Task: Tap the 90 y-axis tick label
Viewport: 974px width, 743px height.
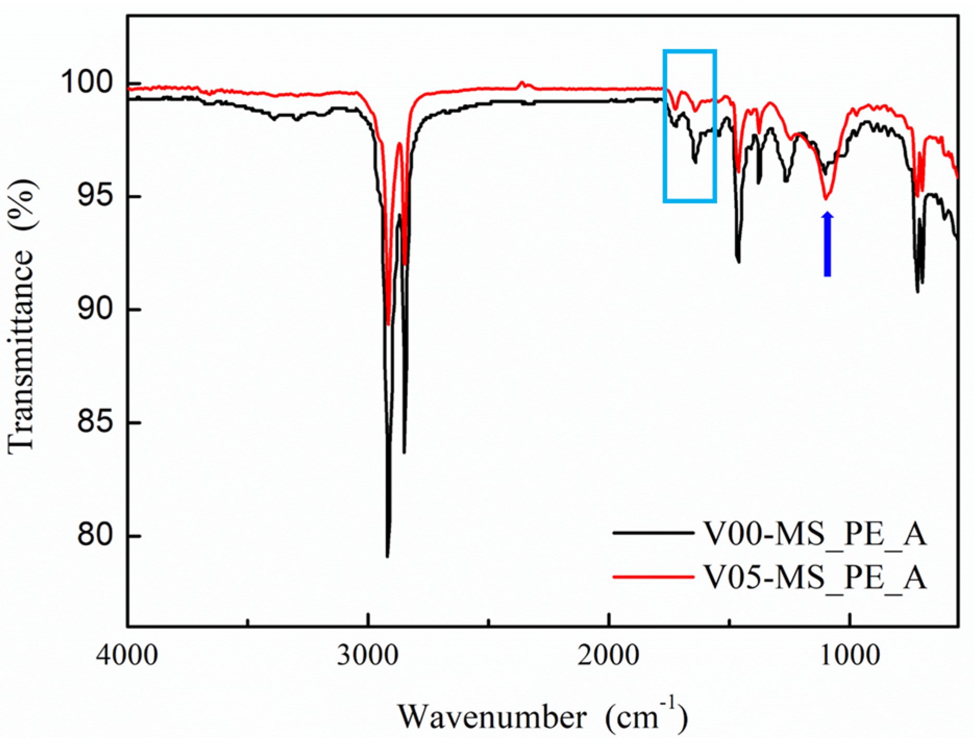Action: click(x=95, y=309)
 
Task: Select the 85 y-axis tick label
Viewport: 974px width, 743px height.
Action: click(x=95, y=422)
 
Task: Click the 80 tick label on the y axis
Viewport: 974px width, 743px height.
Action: click(x=95, y=535)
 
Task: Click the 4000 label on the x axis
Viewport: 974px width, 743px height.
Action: click(x=127, y=654)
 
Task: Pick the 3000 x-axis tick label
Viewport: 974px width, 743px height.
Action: click(x=368, y=654)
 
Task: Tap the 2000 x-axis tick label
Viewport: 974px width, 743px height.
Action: click(x=608, y=654)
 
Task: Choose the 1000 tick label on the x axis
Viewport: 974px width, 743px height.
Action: click(x=850, y=654)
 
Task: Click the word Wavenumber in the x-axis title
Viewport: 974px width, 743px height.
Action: click(x=492, y=717)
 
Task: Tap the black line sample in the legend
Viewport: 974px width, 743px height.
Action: click(x=653, y=533)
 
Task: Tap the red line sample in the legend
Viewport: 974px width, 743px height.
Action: click(x=653, y=577)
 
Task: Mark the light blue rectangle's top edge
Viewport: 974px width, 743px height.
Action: click(x=690, y=51)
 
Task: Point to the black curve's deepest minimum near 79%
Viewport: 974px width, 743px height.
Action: click(x=387, y=556)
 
